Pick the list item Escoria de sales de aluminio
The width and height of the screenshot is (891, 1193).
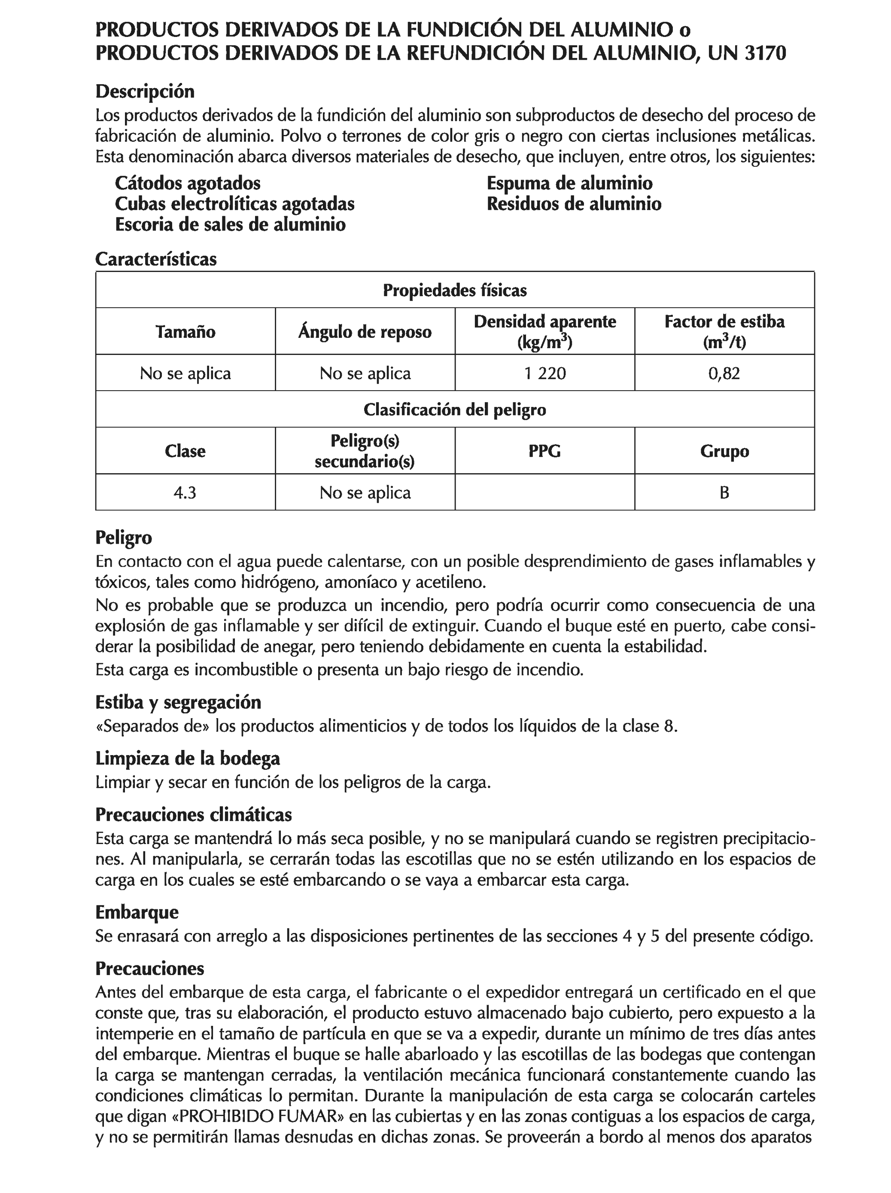coord(230,224)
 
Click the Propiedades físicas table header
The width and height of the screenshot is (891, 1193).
coord(454,290)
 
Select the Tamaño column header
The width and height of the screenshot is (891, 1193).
coord(185,331)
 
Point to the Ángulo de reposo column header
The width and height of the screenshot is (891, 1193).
coord(365,331)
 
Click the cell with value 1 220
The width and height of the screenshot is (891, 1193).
coord(544,373)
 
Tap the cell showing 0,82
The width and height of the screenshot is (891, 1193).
coord(724,373)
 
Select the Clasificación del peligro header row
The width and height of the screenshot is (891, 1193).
coord(454,410)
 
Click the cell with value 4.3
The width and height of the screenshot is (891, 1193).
coord(185,492)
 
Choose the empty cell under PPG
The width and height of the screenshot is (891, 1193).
coord(544,492)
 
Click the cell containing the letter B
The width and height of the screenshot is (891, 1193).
coord(724,492)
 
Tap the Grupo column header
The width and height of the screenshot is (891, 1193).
coord(724,451)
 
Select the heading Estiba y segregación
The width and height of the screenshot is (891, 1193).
coord(178,702)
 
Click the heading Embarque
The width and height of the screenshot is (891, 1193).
coord(137,912)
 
